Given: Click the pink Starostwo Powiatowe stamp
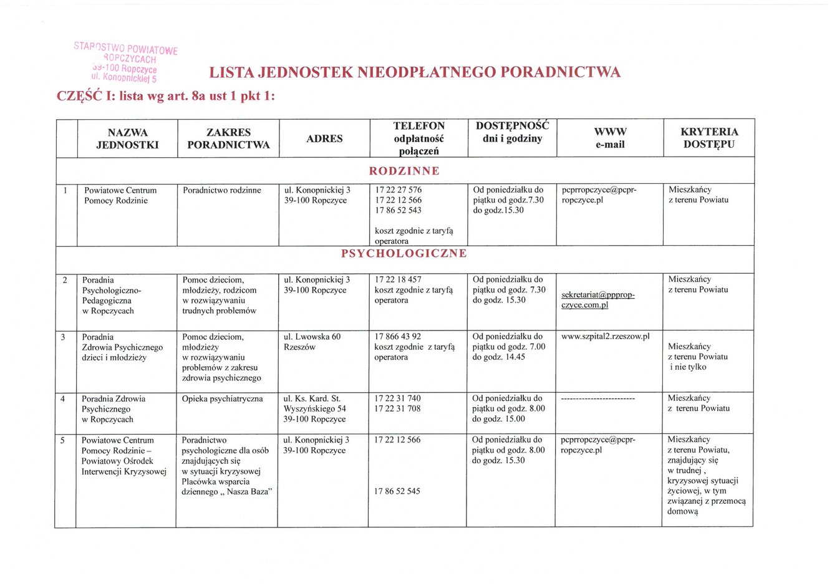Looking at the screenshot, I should [125, 63].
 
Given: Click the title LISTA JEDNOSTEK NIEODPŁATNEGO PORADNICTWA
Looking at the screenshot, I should [415, 72].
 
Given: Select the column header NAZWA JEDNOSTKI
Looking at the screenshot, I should [127, 138].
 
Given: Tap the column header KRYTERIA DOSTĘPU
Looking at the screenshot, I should [709, 138].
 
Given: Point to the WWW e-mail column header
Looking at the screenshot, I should [610, 138].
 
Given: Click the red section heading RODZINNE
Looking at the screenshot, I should [404, 171].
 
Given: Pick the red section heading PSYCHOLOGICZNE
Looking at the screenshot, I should [404, 253].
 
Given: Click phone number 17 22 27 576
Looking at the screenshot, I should [398, 190].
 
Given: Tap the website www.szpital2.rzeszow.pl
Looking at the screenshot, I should [605, 337].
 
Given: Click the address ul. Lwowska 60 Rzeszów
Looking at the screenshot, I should [312, 342].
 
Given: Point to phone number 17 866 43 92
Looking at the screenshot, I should [397, 337].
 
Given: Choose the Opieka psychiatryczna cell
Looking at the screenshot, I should [222, 399].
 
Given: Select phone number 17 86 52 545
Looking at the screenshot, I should [397, 491].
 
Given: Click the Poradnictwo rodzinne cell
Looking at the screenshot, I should [221, 190].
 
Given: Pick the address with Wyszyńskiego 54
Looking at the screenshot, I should [314, 409].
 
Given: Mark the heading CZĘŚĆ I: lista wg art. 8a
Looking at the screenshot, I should [166, 97].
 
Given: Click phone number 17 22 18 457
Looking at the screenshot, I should [398, 280].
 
